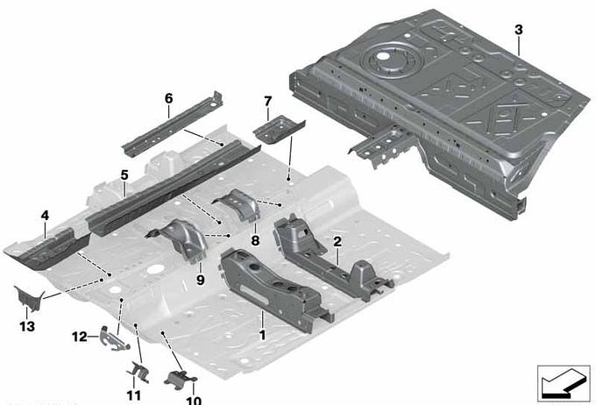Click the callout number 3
point(519,30)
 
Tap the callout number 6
point(168,98)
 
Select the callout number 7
point(268,102)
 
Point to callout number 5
point(124,175)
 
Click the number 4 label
point(45,216)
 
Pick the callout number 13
point(27,326)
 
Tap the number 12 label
point(80,337)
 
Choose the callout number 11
point(133,395)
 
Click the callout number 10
point(194,400)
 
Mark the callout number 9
point(201,280)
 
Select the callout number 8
point(255,240)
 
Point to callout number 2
point(337,241)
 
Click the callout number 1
point(262,335)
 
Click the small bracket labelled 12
point(113,338)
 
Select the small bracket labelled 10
point(180,379)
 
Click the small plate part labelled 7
point(279,129)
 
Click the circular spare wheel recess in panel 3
point(392,60)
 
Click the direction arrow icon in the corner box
point(562,384)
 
